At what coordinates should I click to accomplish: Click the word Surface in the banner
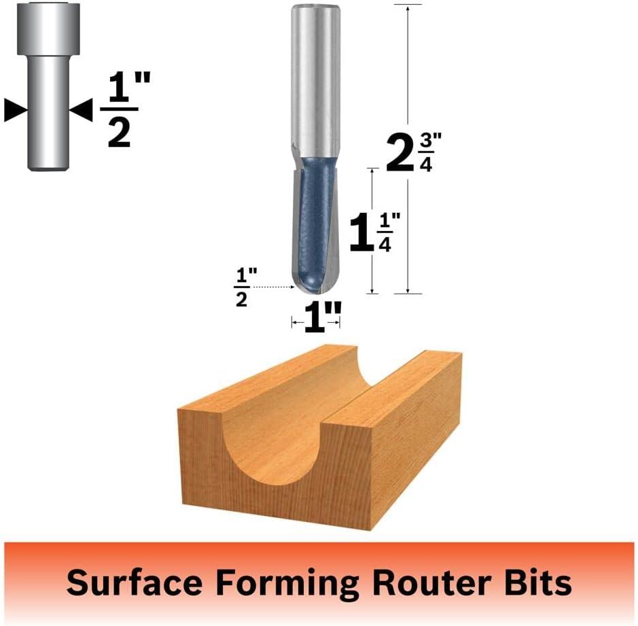coord(135,583)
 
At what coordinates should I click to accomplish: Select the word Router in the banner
coord(431,583)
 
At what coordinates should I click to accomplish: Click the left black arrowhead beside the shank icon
coord(16,110)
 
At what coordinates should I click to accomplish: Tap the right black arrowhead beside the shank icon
coord(81,110)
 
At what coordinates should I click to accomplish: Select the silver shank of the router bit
coord(316,82)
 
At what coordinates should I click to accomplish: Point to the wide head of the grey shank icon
coord(48,29)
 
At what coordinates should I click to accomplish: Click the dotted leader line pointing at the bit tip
coord(277,288)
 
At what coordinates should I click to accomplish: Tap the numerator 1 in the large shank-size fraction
coord(119,87)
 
